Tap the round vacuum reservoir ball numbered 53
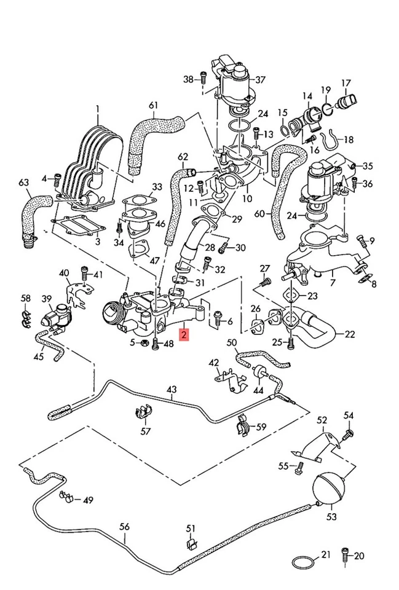pyautogui.click(x=331, y=487)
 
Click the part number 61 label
pyautogui.click(x=153, y=105)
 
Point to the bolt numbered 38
pyautogui.click(x=203, y=79)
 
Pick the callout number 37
pyautogui.click(x=260, y=79)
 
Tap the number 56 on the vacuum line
pyautogui.click(x=125, y=526)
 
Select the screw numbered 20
pyautogui.click(x=346, y=556)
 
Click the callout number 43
pyautogui.click(x=171, y=390)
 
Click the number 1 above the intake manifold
pyautogui.click(x=97, y=110)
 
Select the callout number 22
pyautogui.click(x=349, y=334)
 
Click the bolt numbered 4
pyautogui.click(x=56, y=179)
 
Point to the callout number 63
pyautogui.click(x=24, y=183)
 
